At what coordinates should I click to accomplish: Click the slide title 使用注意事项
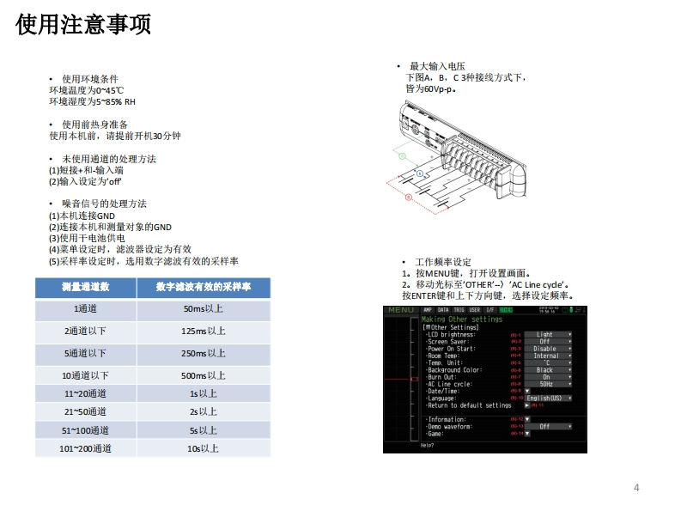(83, 25)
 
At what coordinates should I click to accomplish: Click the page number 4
(636, 488)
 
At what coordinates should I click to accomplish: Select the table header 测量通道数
(85, 287)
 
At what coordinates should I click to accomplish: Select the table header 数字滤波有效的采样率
(204, 287)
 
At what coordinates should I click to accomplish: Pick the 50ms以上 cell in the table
(204, 309)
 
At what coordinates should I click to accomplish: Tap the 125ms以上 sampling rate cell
(204, 331)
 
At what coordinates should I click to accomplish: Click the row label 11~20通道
(85, 393)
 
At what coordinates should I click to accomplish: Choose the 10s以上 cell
(204, 448)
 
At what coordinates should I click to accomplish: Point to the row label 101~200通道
(85, 448)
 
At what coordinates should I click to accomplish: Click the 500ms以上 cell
(204, 375)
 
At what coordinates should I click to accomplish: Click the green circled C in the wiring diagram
(403, 156)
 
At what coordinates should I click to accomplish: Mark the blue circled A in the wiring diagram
(420, 173)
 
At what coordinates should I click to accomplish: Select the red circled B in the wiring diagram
(409, 198)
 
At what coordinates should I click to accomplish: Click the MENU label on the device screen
(400, 310)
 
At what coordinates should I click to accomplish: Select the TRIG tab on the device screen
(459, 309)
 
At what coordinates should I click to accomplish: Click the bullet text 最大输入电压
(437, 66)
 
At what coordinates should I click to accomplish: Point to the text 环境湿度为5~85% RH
(92, 101)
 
